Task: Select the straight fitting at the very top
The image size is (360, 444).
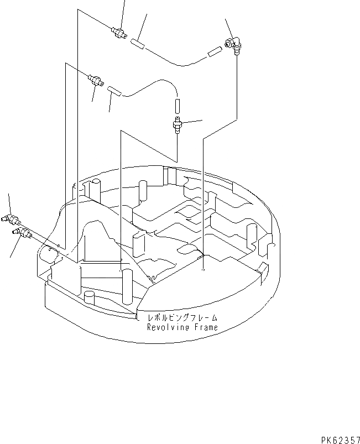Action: [x=118, y=31]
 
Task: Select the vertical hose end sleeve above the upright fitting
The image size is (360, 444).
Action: [x=178, y=105]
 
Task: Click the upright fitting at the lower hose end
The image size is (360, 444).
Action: [x=178, y=126]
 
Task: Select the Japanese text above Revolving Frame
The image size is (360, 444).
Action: [x=181, y=318]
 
